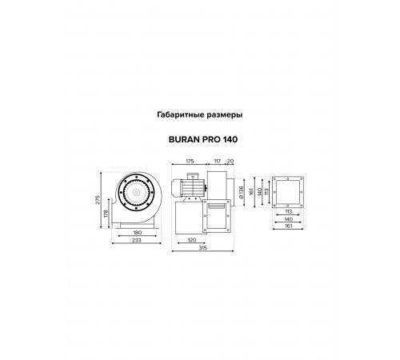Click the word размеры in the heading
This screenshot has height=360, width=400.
pos(225,115)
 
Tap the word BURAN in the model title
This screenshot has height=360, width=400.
pos(184,139)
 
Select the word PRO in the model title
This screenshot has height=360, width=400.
pos(211,139)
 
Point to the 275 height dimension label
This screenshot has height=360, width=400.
pos(98,200)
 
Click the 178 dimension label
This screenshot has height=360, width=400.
pos(106,214)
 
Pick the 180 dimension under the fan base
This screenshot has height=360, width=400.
pos(137,233)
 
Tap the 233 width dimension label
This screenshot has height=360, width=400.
pos(137,240)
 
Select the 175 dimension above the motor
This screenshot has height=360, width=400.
pos(190,161)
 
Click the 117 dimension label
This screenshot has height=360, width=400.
pos(218,161)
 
